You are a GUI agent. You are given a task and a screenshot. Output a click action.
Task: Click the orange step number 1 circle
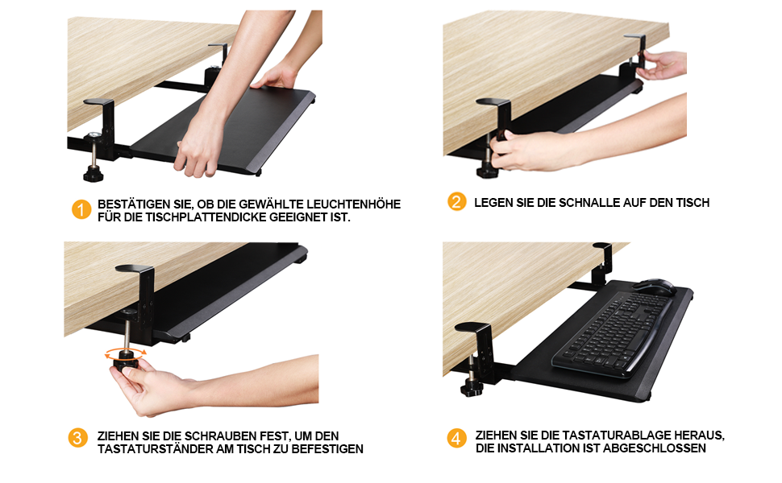click(x=81, y=209)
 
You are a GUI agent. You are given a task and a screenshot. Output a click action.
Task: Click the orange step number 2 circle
click(x=457, y=202)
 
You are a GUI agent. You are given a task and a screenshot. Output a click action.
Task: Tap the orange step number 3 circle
click(x=78, y=438)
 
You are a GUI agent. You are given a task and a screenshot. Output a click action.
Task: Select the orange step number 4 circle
click(x=457, y=438)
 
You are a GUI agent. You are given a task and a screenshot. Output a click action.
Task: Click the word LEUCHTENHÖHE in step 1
click(x=354, y=204)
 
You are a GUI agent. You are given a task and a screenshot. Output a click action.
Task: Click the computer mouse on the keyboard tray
click(x=654, y=287)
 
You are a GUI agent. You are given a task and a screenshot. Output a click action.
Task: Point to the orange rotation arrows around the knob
click(x=126, y=353)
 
